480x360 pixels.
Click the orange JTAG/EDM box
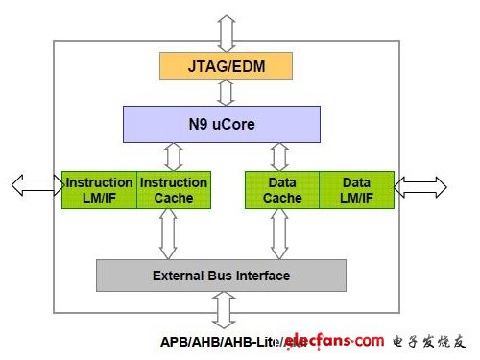coord(226,65)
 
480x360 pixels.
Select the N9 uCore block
coord(221,123)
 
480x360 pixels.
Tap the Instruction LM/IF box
coord(99,190)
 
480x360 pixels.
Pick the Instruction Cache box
coord(174,190)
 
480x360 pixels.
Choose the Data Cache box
coord(282,190)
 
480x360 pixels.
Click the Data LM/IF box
coord(356,190)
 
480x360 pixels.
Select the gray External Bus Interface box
coord(221,276)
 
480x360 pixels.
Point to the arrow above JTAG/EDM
coord(226,33)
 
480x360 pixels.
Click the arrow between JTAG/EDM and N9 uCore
coord(226,92)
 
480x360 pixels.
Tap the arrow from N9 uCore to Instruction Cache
coord(174,156)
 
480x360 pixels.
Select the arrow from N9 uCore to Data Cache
coord(280,156)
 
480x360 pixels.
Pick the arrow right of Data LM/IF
coord(420,185)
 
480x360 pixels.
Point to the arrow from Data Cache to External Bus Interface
coord(280,233)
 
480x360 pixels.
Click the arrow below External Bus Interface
coord(224,309)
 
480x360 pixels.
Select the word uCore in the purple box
coord(237,123)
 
